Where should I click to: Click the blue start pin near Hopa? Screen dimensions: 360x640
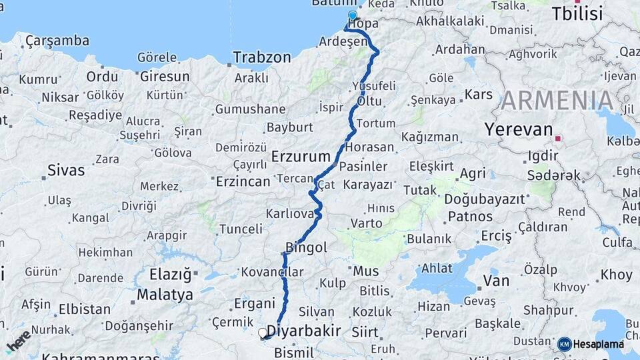pos(352,15)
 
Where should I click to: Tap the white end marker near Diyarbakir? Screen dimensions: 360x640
pos(263,332)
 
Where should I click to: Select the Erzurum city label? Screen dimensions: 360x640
pos(301,157)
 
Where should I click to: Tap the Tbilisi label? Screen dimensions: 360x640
pos(577,13)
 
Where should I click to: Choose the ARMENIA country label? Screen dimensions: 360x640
pos(557,101)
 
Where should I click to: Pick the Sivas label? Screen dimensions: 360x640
pos(65,171)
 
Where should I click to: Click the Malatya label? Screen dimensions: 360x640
pos(165,294)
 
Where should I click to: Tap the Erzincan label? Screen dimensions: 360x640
pos(243,181)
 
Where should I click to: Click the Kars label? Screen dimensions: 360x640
pos(478,94)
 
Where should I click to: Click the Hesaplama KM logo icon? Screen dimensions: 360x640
pos(564,344)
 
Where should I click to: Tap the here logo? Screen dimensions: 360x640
pos(18,341)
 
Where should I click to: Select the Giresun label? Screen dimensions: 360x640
pos(165,77)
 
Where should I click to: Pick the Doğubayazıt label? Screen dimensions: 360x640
pos(485,199)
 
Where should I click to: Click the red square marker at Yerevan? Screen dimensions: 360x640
pos(559,139)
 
